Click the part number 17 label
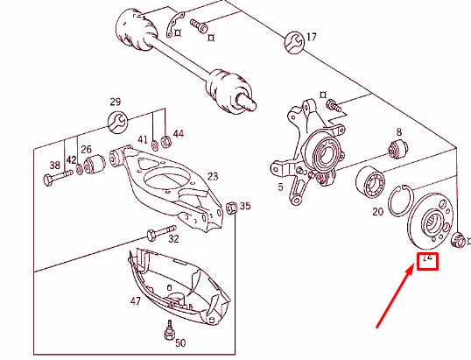pos(311,37)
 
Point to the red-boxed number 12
pos(427,259)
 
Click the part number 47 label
pos(136,300)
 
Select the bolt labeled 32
pos(154,232)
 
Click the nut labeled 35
pos(231,208)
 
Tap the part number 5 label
pos(281,186)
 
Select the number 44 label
pos(178,133)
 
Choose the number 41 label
pos(143,140)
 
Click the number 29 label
pos(116,102)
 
